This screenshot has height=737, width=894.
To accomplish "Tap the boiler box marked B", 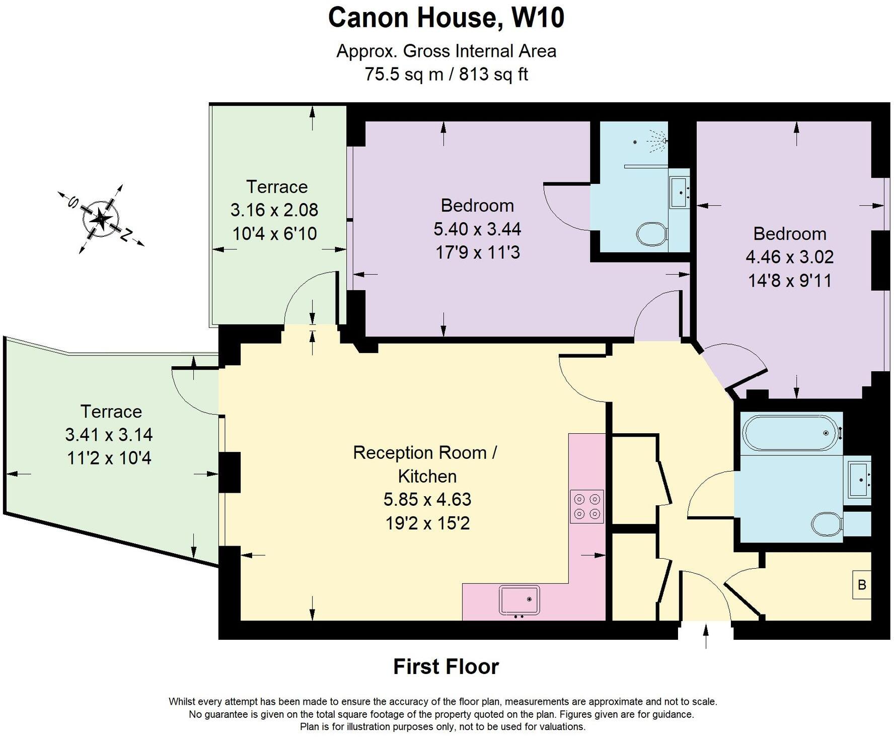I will [x=862, y=585].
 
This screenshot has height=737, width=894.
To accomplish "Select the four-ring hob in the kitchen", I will [x=587, y=507].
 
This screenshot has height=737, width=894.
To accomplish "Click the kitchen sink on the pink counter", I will [x=519, y=599].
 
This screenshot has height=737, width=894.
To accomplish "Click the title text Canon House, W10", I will [x=446, y=18].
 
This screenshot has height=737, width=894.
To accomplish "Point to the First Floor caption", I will [x=446, y=666].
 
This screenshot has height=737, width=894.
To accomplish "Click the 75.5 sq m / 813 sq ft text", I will [x=446, y=75].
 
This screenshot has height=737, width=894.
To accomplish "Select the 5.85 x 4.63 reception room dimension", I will [x=427, y=499].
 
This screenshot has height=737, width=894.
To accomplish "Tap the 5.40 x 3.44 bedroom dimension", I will [x=477, y=229].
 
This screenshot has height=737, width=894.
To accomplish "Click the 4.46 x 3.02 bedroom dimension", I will [x=789, y=257].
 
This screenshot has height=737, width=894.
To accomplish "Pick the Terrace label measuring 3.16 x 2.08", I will [x=276, y=187].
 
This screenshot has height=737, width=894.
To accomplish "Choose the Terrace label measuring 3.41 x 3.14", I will [x=111, y=412].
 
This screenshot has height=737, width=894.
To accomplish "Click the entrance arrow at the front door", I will [x=706, y=636].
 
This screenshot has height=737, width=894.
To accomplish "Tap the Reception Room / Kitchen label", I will [x=425, y=464].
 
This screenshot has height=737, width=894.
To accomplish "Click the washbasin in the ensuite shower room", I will [x=680, y=192].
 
